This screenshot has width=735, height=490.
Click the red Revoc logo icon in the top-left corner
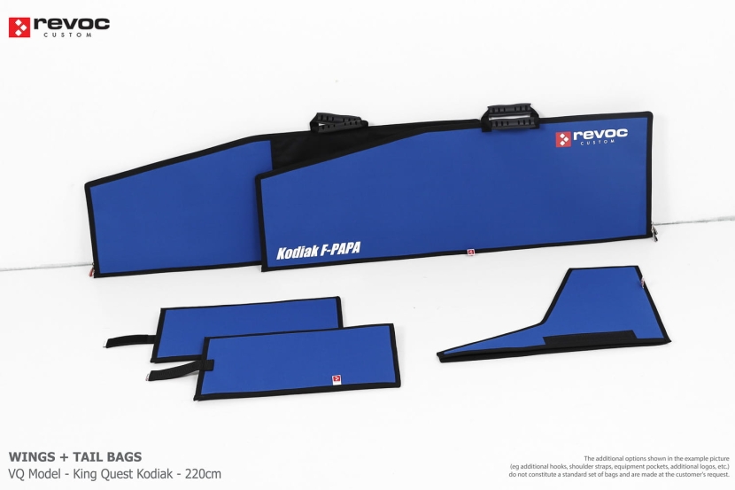tap(19, 27)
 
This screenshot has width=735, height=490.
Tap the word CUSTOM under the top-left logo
tap(71, 35)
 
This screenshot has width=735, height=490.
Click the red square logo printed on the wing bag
tap(563, 139)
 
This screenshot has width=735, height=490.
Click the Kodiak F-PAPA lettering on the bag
tap(318, 251)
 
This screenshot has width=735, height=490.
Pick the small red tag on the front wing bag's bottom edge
tap(471, 252)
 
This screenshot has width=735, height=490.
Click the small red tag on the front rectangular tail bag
tap(336, 378)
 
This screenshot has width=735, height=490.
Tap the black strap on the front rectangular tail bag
tap(177, 369)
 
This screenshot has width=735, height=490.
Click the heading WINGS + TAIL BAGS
tap(74, 457)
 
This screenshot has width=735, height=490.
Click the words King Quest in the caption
tap(101, 473)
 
